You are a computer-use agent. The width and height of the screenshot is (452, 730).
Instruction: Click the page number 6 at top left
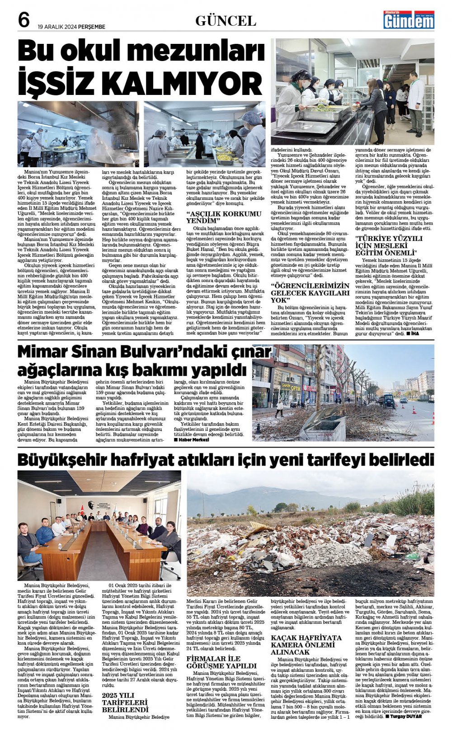24,20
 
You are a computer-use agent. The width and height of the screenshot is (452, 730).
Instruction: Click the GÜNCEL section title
226,21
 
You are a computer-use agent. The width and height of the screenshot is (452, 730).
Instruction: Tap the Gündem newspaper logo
409,20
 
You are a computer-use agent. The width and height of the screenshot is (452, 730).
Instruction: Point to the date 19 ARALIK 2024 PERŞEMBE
71,27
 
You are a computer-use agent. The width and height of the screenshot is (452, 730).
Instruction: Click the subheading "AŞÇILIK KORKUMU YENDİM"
224,217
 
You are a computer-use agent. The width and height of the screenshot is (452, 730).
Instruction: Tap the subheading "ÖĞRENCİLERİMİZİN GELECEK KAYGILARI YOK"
310,293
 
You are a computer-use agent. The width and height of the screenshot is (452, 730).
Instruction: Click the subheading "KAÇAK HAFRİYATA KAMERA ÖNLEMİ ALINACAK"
306,645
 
